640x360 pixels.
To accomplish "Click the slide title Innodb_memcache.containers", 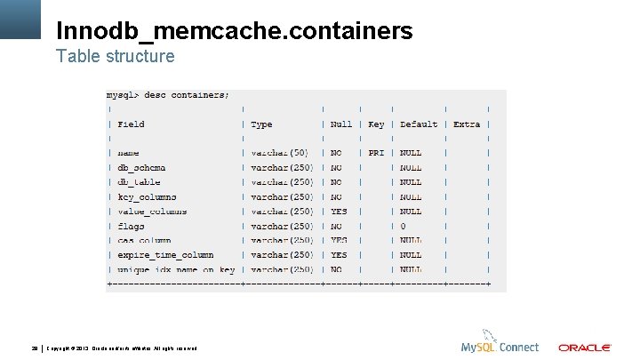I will [235, 31].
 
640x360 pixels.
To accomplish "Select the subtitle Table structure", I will [116, 57].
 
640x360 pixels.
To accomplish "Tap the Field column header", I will [131, 124].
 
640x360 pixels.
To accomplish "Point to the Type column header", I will [261, 124].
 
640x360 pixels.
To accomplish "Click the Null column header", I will [340, 124].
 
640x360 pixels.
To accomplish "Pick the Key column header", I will [376, 124].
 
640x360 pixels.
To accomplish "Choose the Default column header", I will [419, 124].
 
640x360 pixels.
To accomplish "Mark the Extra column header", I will [466, 124].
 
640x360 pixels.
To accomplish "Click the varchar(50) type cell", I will [279, 153].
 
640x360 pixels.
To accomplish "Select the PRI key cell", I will [376, 153].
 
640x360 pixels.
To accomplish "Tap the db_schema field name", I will [141, 168].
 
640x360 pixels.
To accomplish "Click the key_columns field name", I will [147, 197].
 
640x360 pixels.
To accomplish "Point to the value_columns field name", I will [152, 212].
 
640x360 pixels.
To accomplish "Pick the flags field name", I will [131, 226].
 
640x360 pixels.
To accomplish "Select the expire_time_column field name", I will [165, 255].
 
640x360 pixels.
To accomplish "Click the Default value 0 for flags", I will [403, 226].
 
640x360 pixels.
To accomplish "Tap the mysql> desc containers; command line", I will [168, 94].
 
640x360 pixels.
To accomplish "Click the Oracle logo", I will [584, 348].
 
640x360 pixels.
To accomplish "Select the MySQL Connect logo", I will [500, 346].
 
